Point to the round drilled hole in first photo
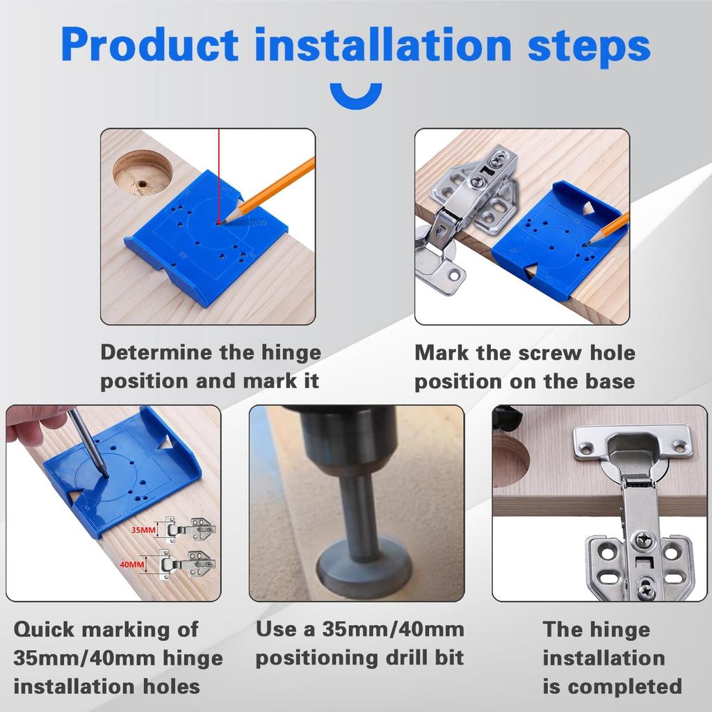click(x=143, y=174)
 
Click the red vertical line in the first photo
click(x=218, y=174)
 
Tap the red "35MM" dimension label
click(x=144, y=530)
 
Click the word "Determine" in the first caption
click(x=157, y=352)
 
